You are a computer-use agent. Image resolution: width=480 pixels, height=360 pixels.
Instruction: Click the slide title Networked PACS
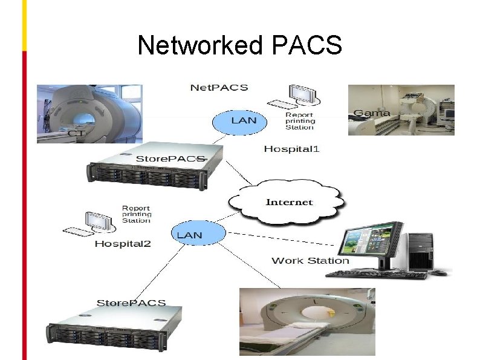tap(239, 45)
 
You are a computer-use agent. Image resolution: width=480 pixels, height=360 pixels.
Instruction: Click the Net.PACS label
tap(219, 88)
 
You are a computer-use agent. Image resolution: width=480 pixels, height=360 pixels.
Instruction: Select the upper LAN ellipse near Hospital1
tap(243, 120)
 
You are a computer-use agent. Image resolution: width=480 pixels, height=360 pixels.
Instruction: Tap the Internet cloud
tap(289, 202)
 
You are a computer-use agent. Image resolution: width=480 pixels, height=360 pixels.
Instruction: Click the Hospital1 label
tap(291, 149)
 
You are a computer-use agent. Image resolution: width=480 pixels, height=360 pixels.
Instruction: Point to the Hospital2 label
tap(123, 244)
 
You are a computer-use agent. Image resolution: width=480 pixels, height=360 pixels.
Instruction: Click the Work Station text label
tap(310, 261)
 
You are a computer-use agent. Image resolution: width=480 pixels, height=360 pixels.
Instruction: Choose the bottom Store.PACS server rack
tap(115, 327)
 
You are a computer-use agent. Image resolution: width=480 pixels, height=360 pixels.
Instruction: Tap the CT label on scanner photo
tap(76, 133)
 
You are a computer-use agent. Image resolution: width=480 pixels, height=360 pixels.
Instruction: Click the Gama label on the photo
tap(371, 113)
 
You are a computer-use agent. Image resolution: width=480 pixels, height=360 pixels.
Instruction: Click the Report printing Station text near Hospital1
tap(300, 121)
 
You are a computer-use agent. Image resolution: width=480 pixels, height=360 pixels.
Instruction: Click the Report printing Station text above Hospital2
tap(136, 214)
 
